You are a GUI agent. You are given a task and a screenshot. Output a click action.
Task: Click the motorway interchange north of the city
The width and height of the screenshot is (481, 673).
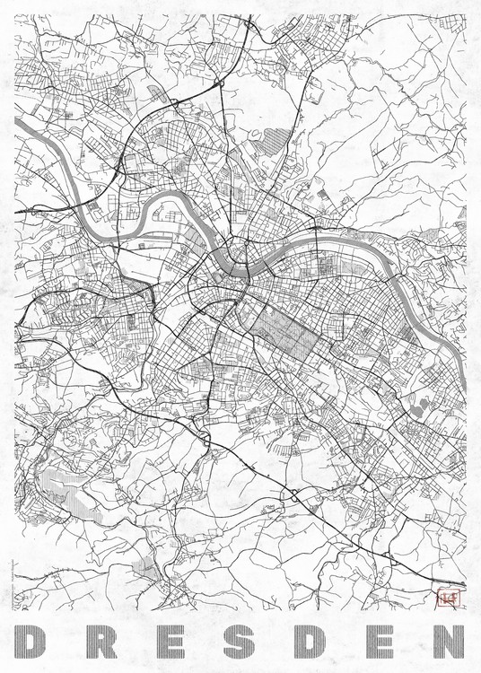218,85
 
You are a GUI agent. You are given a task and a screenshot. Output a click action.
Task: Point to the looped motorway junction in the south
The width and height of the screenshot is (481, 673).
293,494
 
